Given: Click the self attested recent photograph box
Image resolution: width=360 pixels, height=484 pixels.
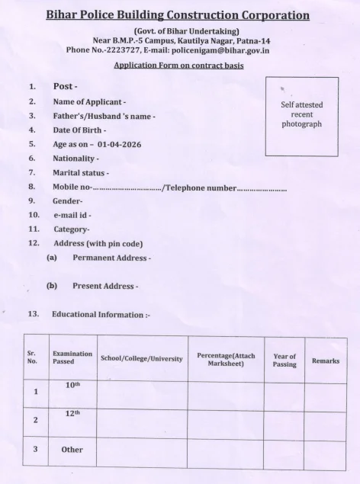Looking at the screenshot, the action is (x=301, y=115).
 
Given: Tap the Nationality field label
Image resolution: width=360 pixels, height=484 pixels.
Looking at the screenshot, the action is (x=76, y=158).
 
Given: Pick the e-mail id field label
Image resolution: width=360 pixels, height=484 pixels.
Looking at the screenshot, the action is (x=72, y=216).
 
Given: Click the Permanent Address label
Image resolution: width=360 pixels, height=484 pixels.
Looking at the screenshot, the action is (x=111, y=258).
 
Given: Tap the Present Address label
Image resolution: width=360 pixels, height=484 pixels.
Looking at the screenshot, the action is (x=105, y=286).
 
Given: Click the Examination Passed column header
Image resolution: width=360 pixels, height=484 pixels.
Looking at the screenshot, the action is (x=72, y=358).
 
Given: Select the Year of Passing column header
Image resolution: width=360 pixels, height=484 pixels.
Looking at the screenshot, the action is (x=284, y=361).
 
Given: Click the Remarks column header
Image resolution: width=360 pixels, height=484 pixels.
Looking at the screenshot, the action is (x=326, y=361).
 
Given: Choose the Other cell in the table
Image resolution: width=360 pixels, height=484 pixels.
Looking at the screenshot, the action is (x=72, y=450).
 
